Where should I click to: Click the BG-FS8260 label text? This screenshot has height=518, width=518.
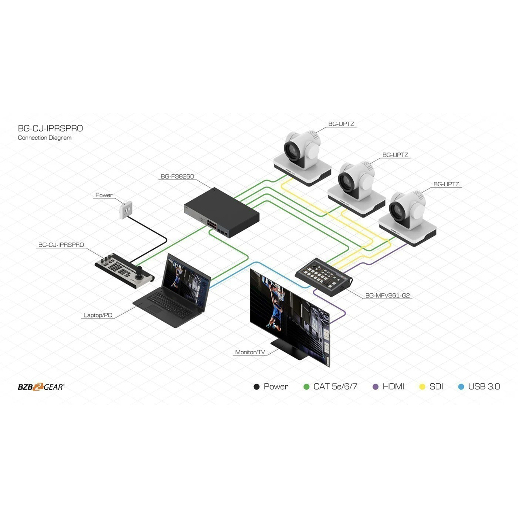(x=177, y=176)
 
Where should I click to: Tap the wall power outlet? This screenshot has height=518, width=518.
(x=126, y=209)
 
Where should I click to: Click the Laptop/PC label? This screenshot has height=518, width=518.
(x=98, y=315)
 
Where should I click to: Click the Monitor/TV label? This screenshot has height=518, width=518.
(x=250, y=352)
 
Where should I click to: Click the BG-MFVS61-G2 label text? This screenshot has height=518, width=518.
(x=387, y=295)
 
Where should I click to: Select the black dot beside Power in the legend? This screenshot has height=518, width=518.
(x=257, y=387)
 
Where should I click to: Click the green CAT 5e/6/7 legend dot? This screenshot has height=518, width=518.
(x=306, y=387)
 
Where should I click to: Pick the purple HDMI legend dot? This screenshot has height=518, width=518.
(x=376, y=387)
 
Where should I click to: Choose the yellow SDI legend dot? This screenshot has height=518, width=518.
(x=422, y=387)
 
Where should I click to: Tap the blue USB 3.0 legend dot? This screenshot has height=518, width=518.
(x=461, y=387)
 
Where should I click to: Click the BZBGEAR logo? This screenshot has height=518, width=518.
(x=41, y=387)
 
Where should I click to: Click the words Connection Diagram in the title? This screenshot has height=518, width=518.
(x=45, y=138)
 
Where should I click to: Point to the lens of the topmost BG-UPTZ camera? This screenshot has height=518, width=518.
(x=291, y=151)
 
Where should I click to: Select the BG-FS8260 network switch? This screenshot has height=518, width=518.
(x=221, y=212)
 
